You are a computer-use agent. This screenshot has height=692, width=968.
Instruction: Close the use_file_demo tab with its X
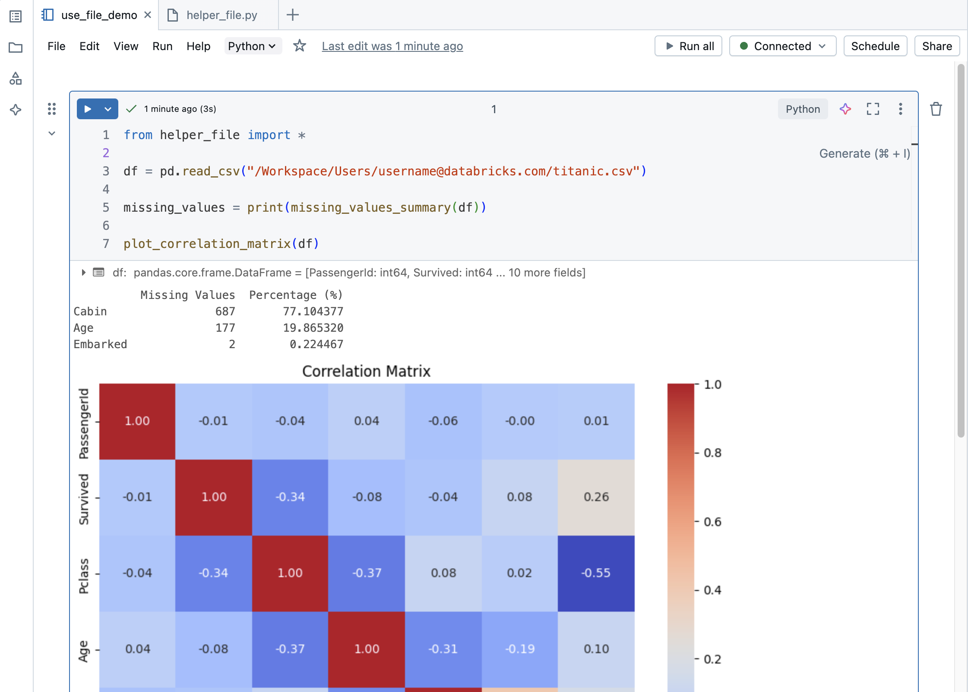coord(148,15)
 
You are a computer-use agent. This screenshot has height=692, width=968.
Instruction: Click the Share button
coord(936,46)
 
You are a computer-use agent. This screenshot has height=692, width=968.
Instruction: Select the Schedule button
coord(875,46)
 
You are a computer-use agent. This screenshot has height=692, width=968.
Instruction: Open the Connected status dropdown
coord(782,46)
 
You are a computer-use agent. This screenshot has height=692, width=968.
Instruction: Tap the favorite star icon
coord(299,46)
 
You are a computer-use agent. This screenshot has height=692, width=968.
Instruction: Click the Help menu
coord(198,46)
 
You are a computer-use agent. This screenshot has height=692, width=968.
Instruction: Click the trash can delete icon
coord(936,109)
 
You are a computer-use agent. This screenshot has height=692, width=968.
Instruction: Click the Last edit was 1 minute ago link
coord(392,46)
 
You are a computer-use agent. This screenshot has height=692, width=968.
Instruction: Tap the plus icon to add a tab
coord(292,15)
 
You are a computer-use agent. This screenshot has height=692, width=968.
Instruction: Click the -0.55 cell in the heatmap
coord(596,573)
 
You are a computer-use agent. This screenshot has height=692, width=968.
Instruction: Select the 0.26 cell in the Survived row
coord(596,497)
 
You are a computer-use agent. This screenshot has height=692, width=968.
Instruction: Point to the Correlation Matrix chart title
coord(366,371)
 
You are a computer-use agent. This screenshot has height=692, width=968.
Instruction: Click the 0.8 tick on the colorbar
coord(712,453)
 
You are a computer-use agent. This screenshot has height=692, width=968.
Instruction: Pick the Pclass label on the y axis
coord(84,576)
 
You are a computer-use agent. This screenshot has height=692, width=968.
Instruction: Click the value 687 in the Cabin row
coord(225,311)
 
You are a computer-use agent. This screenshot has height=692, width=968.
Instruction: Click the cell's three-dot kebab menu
coord(900,109)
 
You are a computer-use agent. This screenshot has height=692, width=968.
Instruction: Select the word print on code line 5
coord(265,208)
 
